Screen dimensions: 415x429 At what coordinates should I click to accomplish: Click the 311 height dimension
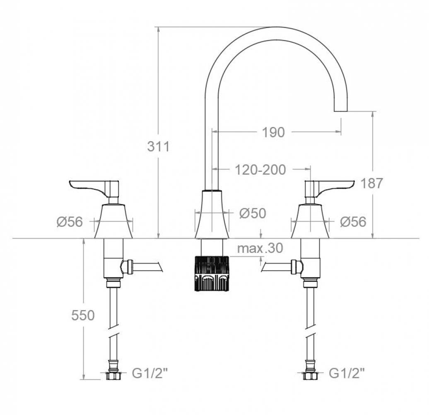pyautogui.click(x=158, y=146)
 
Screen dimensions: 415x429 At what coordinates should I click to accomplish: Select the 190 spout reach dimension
pyautogui.click(x=273, y=132)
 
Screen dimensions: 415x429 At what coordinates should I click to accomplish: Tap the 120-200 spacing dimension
pyautogui.click(x=260, y=169)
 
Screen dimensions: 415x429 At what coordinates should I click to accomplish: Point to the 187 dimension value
pyautogui.click(x=372, y=183)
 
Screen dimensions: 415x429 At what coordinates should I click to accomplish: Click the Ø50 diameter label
pyautogui.click(x=253, y=213)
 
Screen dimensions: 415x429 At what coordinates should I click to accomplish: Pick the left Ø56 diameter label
pyautogui.click(x=70, y=222)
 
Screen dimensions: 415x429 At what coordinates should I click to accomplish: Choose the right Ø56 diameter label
pyautogui.click(x=353, y=222)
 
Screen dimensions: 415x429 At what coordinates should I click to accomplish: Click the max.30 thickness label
pyautogui.click(x=260, y=248)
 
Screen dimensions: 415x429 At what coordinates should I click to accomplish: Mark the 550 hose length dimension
pyautogui.click(x=83, y=315)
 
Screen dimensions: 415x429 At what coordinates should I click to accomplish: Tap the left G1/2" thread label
pyautogui.click(x=150, y=374)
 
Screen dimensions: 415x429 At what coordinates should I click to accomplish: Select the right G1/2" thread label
pyautogui.click(x=347, y=374)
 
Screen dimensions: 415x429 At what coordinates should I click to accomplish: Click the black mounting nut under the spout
pyautogui.click(x=212, y=273)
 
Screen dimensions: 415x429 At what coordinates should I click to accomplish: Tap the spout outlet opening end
pyautogui.click(x=340, y=111)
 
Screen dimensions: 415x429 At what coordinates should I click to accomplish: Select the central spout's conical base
pyautogui.click(x=212, y=216)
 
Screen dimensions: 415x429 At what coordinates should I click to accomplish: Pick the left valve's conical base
pyautogui.click(x=113, y=222)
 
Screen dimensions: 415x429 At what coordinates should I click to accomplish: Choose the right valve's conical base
pyautogui.click(x=310, y=222)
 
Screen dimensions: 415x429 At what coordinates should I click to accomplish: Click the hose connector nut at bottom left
pyautogui.click(x=113, y=376)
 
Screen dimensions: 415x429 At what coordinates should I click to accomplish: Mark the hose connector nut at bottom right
pyautogui.click(x=310, y=376)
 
